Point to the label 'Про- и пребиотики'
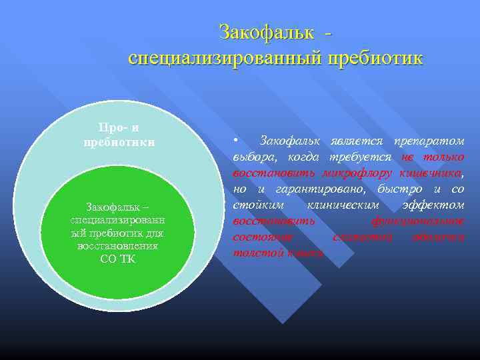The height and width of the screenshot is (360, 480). (x=119, y=135)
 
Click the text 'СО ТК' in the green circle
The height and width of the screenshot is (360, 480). (x=117, y=259)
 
